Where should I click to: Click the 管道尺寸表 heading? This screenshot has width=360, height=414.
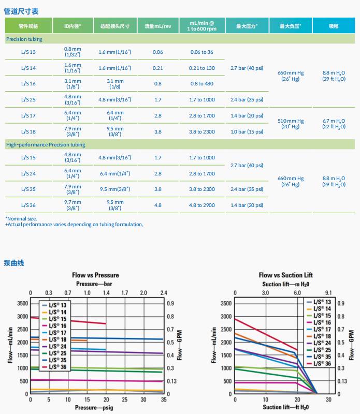click(x=21, y=11)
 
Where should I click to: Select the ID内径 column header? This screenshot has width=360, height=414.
click(x=73, y=26)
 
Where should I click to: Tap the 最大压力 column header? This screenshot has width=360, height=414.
click(x=247, y=26)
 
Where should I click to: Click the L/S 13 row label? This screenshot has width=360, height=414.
click(x=28, y=52)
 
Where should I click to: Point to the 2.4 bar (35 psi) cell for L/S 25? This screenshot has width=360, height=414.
click(x=247, y=100)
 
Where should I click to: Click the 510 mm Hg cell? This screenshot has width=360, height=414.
click(x=291, y=124)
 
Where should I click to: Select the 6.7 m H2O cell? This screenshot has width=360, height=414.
click(x=334, y=124)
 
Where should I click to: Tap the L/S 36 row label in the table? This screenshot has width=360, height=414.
click(x=28, y=205)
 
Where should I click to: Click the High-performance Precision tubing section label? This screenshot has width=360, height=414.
click(x=46, y=145)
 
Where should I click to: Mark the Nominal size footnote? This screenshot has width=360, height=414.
click(x=21, y=218)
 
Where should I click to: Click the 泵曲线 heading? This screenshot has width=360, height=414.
click(x=14, y=263)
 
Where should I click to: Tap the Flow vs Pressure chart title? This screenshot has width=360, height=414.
click(x=95, y=275)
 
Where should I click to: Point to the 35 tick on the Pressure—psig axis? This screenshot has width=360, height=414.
click(x=163, y=401)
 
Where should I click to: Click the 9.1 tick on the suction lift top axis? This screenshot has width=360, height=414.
click(x=328, y=293)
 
